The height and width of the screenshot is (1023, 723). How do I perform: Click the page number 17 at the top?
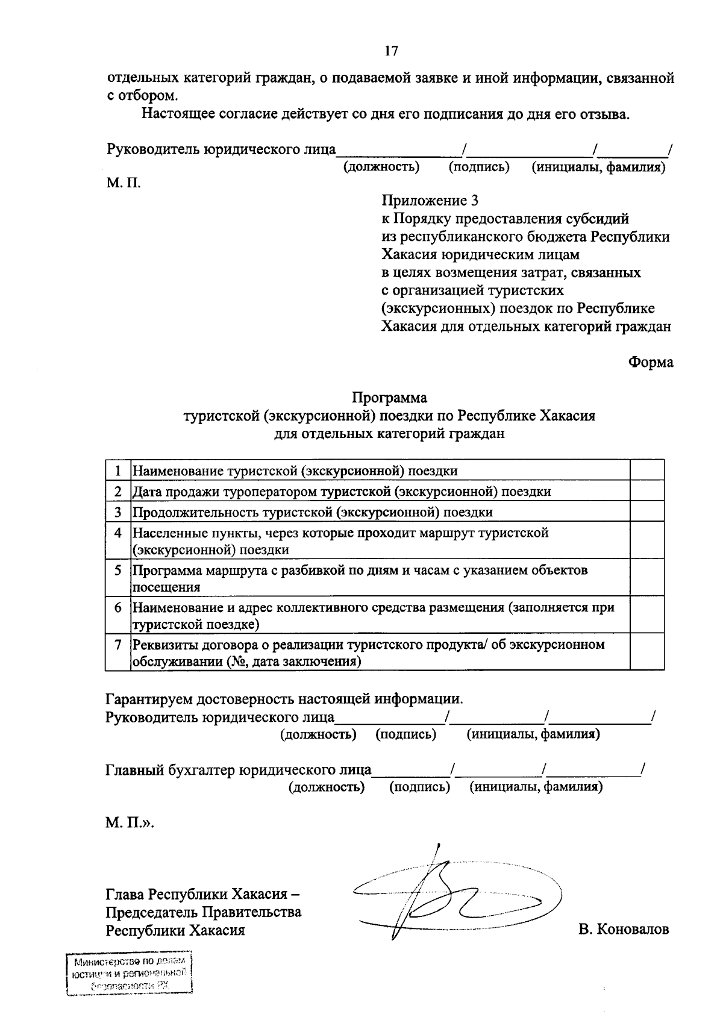(391, 51)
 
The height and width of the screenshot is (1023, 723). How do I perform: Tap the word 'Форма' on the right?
(651, 362)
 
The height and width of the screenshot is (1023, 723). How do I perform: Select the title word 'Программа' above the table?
(389, 398)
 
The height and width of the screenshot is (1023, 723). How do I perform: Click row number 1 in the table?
(118, 471)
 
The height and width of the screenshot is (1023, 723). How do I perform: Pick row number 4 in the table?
(118, 533)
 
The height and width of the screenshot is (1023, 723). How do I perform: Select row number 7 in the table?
(118, 645)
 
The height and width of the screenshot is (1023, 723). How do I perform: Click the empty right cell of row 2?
(646, 491)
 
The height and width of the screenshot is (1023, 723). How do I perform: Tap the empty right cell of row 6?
(646, 615)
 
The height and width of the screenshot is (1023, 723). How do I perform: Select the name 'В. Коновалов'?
(624, 930)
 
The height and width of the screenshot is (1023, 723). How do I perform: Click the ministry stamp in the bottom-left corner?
(130, 974)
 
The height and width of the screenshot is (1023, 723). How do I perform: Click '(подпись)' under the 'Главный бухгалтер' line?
(419, 787)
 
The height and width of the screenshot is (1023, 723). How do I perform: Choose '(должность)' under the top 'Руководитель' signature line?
(381, 167)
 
